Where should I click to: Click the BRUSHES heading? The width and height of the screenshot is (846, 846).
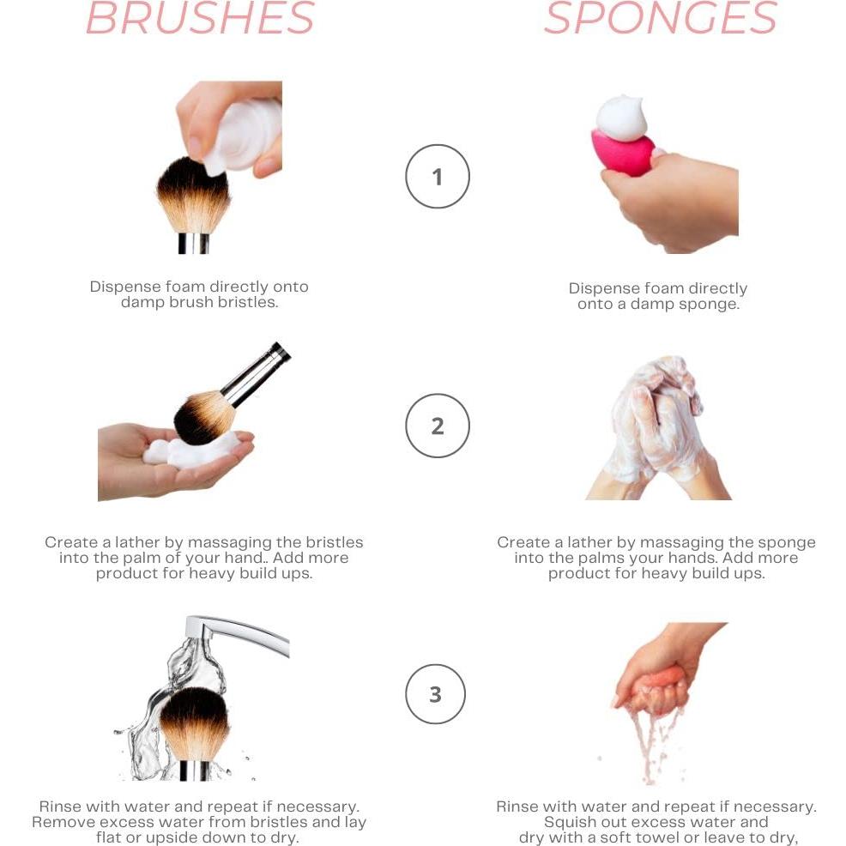(201, 19)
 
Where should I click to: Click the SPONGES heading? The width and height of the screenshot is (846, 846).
(660, 19)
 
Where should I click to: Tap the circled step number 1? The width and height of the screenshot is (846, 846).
(437, 177)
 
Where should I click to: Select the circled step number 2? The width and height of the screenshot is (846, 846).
(437, 426)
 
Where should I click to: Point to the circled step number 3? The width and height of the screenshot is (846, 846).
(435, 693)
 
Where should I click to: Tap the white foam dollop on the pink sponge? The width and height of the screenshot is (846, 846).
(621, 118)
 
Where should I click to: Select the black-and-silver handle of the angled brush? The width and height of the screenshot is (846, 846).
(257, 374)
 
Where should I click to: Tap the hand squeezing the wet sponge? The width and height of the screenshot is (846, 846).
(661, 669)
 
